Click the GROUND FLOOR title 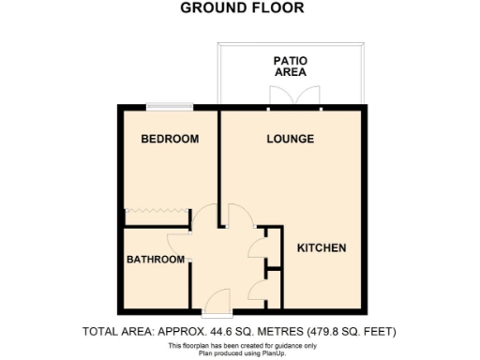[241, 8]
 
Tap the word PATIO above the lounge [290, 59]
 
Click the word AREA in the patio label [290, 72]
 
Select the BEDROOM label [170, 140]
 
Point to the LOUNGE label [290, 140]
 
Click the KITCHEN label [322, 248]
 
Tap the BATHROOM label [156, 260]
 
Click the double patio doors [281, 97]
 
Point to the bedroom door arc [203, 217]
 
